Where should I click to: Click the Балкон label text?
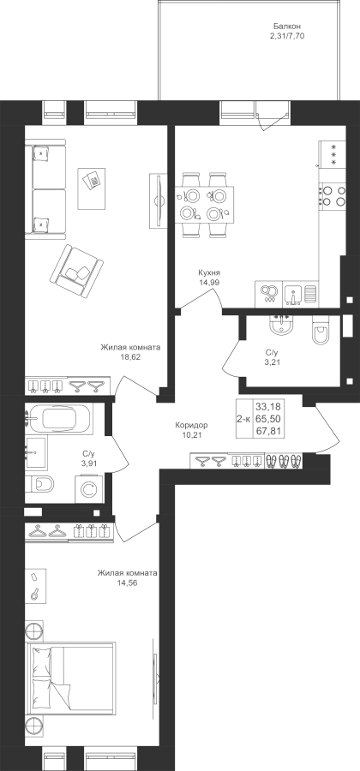click(287, 26)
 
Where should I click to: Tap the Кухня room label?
click(209, 273)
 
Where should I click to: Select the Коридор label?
click(191, 425)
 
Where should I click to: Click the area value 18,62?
click(130, 357)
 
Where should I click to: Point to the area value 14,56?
click(127, 583)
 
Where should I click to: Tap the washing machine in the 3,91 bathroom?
click(89, 489)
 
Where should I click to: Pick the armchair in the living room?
click(76, 271)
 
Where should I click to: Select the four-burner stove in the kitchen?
click(332, 194)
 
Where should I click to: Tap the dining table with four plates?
click(204, 204)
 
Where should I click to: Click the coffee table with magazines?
click(92, 188)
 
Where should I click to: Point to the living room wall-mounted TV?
click(159, 200)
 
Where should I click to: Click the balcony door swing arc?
click(272, 121)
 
